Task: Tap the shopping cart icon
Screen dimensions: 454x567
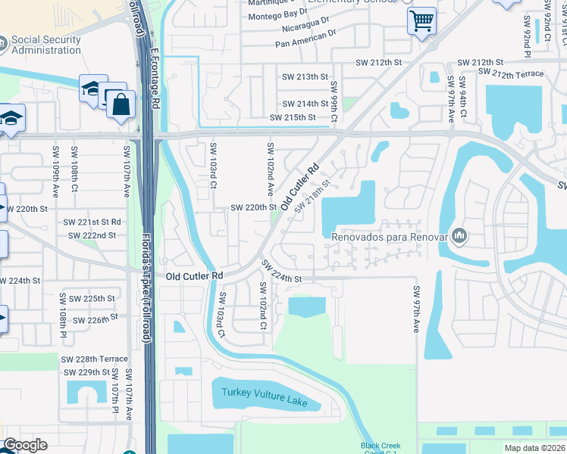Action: [x=421, y=20]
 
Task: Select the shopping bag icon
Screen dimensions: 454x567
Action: [x=121, y=105]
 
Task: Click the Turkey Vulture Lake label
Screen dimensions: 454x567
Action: [x=265, y=397]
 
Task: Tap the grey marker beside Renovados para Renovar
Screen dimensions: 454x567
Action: [x=459, y=236]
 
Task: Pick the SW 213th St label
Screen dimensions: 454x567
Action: [x=305, y=77]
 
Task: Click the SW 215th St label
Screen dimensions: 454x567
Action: [x=293, y=117]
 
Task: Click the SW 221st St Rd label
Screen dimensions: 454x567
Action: [x=92, y=222]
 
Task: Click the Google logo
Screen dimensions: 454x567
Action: [x=25, y=445]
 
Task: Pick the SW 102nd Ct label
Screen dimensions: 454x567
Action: [x=262, y=306]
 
